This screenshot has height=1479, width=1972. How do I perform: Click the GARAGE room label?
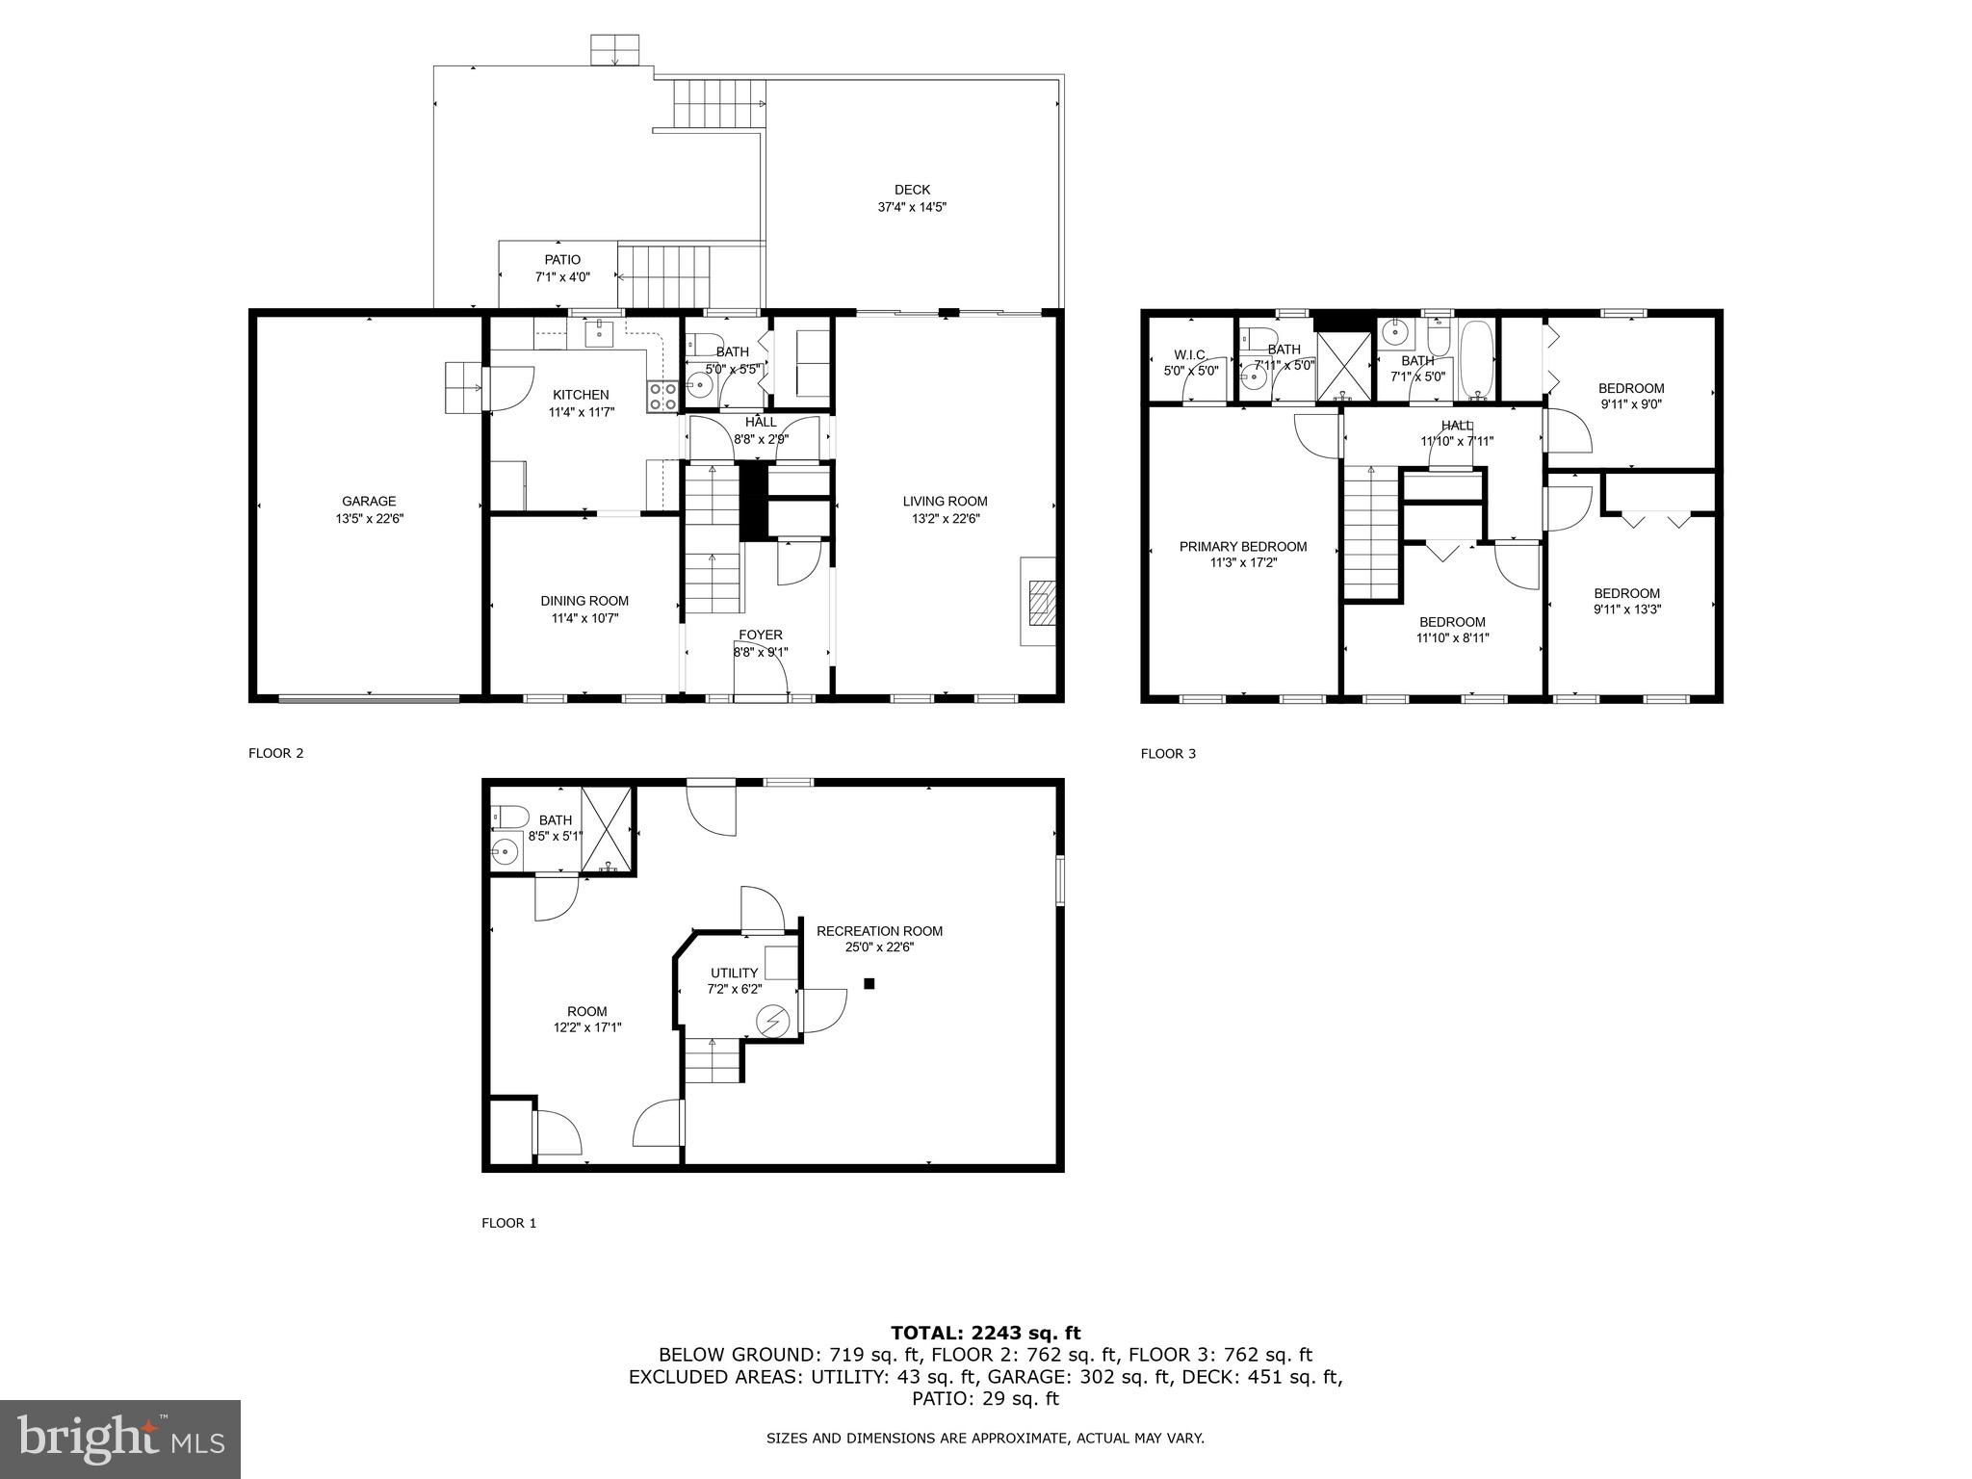point(369,502)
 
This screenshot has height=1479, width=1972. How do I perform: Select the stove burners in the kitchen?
point(663,396)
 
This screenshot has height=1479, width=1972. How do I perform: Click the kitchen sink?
point(600,333)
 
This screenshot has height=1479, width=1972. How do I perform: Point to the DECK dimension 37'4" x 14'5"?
point(912,207)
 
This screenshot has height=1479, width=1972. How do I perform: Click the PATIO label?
point(562,260)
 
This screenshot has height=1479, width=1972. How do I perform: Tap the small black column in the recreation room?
point(869,983)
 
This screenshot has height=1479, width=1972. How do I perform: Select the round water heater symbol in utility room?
point(772,1021)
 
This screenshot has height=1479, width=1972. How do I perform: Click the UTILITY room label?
point(735,973)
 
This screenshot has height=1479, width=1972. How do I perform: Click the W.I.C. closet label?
point(1191,355)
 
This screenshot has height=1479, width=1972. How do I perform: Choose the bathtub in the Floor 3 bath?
point(1477,360)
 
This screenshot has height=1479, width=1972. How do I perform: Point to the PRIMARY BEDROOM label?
point(1243,547)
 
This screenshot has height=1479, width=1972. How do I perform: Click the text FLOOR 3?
point(1168,754)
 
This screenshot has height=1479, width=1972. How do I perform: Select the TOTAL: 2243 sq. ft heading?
point(985,1334)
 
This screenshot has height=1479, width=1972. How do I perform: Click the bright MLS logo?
point(120,1439)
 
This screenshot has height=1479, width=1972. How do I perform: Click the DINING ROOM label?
point(584,601)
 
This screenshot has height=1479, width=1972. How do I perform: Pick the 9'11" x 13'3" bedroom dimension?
point(1627,610)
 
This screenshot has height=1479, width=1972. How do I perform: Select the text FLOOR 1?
point(508,1223)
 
